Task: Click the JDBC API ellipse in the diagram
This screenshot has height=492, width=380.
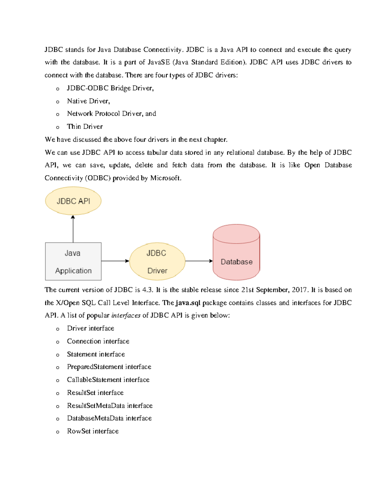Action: pyautogui.click(x=73, y=201)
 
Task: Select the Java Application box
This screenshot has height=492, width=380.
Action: pyautogui.click(x=73, y=261)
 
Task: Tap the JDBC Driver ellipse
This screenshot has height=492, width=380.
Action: pyautogui.click(x=157, y=262)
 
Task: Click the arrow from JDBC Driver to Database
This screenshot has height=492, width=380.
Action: pyautogui.click(x=199, y=261)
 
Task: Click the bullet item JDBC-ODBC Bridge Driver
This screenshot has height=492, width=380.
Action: pyautogui.click(x=110, y=88)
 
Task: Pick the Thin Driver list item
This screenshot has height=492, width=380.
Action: pyautogui.click(x=85, y=127)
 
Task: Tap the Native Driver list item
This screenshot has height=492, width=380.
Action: pyautogui.click(x=88, y=101)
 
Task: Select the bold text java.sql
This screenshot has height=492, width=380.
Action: pyautogui.click(x=188, y=303)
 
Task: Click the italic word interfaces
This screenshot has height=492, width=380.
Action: pyautogui.click(x=126, y=316)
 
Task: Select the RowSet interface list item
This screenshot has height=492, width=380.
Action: pyautogui.click(x=93, y=431)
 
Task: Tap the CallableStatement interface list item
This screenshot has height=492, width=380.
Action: pyautogui.click(x=108, y=380)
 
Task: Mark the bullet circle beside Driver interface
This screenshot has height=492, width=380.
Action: pyautogui.click(x=58, y=329)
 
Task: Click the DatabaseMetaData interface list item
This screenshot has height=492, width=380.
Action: pyautogui.click(x=109, y=418)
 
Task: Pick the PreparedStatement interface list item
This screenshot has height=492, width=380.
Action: pyautogui.click(x=109, y=367)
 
